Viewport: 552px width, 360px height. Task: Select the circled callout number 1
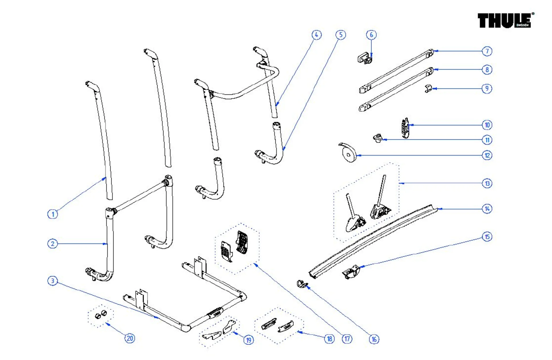(x=53, y=214)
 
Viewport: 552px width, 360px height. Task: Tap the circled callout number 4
(x=317, y=35)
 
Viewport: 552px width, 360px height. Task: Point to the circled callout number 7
(x=487, y=51)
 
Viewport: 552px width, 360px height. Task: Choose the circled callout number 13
(x=487, y=183)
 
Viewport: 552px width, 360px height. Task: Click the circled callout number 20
(x=130, y=338)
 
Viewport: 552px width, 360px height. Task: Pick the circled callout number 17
(x=347, y=339)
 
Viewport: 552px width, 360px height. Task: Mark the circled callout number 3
(x=52, y=281)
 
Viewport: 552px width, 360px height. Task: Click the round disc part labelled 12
(x=348, y=153)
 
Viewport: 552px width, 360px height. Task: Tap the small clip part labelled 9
(x=428, y=89)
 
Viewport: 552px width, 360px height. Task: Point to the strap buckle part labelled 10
(x=405, y=128)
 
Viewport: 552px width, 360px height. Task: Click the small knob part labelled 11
(x=378, y=138)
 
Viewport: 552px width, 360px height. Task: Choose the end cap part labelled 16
(x=302, y=284)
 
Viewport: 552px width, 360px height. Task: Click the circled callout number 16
(x=374, y=339)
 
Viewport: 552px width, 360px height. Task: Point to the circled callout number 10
(x=487, y=125)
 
